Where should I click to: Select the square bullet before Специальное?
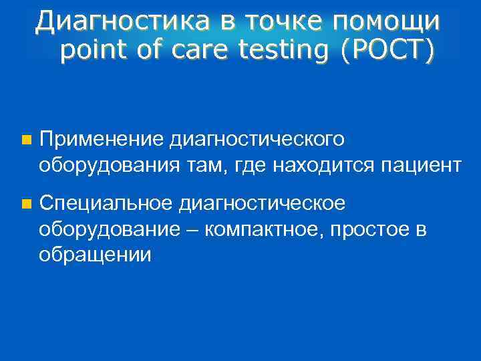(x=26, y=204)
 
